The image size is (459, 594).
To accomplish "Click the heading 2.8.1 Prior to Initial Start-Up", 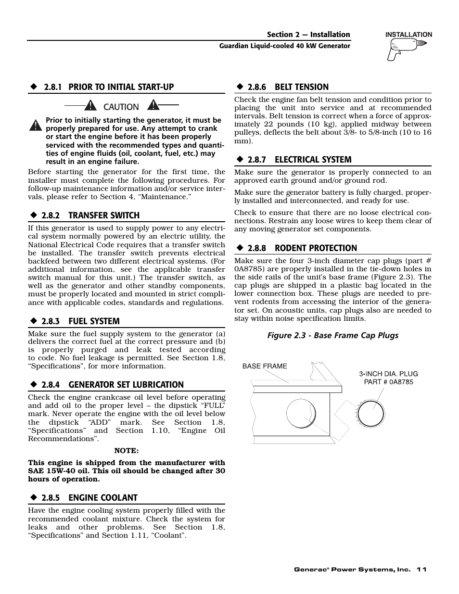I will [108, 87].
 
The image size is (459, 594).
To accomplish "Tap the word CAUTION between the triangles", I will [121, 107].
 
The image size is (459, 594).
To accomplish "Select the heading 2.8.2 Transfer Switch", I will [90, 215].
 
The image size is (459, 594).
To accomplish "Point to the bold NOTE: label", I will [126, 451].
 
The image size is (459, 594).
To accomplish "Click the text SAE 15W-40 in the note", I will [48, 471].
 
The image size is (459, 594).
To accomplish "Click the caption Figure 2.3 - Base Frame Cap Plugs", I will [333, 335].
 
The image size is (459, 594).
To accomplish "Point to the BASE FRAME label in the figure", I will [265, 366].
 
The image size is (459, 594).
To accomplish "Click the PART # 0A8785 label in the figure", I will [388, 382].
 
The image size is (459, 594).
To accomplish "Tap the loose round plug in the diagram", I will [371, 413].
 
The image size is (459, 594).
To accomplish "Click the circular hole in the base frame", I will [301, 414].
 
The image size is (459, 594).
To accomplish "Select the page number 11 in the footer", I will [421, 569].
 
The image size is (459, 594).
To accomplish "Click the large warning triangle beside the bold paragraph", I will [35, 126].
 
